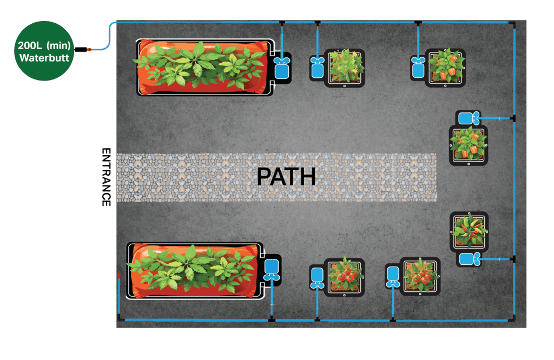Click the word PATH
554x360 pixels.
[286, 177]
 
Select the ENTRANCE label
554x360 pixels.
[106, 177]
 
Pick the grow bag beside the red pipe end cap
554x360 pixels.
[195, 270]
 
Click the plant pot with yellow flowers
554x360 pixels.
[344, 68]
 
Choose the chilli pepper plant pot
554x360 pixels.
[469, 231]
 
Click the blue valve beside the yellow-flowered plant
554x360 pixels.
[317, 68]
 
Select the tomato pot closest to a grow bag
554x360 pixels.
[344, 276]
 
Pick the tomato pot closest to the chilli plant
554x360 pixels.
[420, 276]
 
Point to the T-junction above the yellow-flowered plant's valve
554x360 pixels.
[318, 23]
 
